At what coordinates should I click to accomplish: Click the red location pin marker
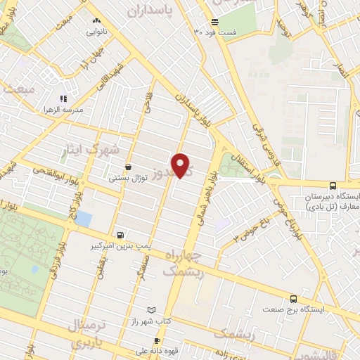(182, 166)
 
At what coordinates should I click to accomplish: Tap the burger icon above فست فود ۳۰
(215, 22)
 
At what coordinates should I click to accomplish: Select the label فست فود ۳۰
(218, 33)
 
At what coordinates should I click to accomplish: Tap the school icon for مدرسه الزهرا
(63, 99)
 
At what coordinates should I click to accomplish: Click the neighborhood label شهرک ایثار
(92, 150)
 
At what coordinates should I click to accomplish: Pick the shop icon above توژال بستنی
(127, 167)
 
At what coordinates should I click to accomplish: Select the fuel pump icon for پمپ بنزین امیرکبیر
(122, 235)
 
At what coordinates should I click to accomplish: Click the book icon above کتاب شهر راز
(151, 309)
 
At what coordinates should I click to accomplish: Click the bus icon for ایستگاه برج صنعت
(294, 298)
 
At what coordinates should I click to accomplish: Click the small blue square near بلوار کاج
(83, 219)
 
